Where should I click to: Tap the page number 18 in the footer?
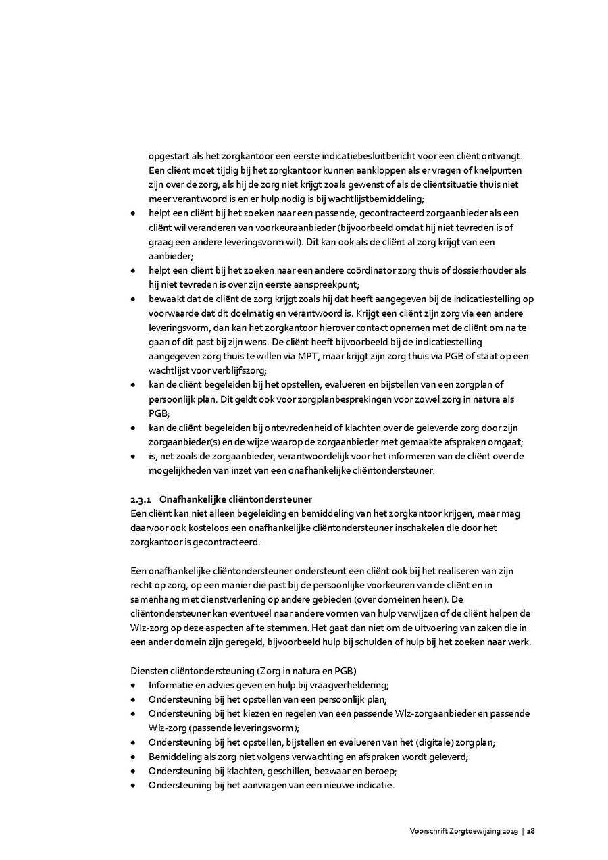click(x=531, y=832)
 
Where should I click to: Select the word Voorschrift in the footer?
click(x=429, y=832)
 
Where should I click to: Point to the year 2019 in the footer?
click(x=509, y=832)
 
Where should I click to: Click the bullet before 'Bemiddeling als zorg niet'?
click(x=134, y=757)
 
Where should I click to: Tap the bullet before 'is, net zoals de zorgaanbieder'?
click(x=134, y=456)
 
